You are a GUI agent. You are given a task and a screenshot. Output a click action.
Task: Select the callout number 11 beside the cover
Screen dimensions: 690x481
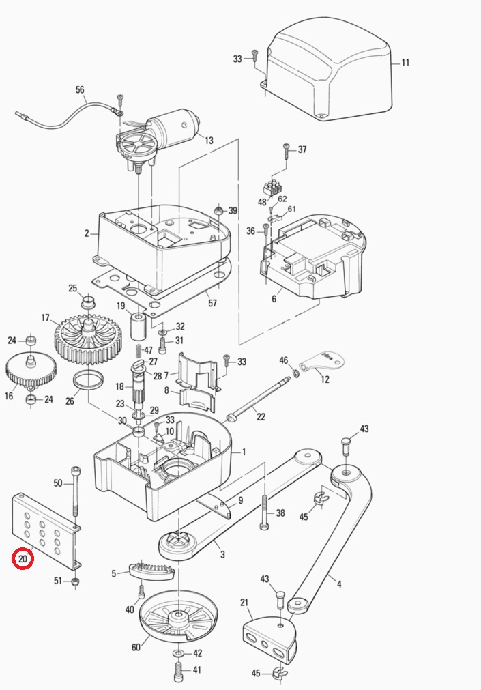(x=405, y=63)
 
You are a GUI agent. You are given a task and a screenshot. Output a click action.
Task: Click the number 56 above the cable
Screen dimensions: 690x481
(x=80, y=90)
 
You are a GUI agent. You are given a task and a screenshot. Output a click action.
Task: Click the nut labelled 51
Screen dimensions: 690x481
(x=76, y=581)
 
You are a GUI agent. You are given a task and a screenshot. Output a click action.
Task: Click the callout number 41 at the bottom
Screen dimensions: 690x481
(x=196, y=671)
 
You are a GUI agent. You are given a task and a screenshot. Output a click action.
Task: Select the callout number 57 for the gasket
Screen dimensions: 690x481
(x=212, y=302)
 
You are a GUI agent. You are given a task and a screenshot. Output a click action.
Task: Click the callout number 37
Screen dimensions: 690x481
(x=302, y=149)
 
